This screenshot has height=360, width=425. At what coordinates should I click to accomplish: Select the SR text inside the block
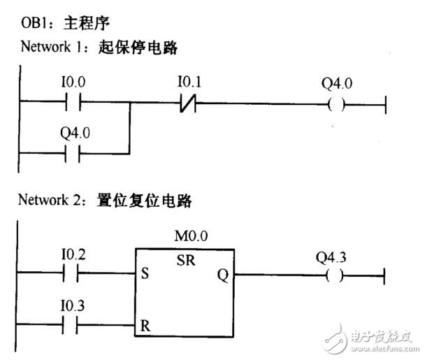(187, 259)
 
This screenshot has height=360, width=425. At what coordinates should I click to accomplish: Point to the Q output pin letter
(222, 275)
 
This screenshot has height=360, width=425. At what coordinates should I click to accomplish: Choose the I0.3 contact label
(73, 305)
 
